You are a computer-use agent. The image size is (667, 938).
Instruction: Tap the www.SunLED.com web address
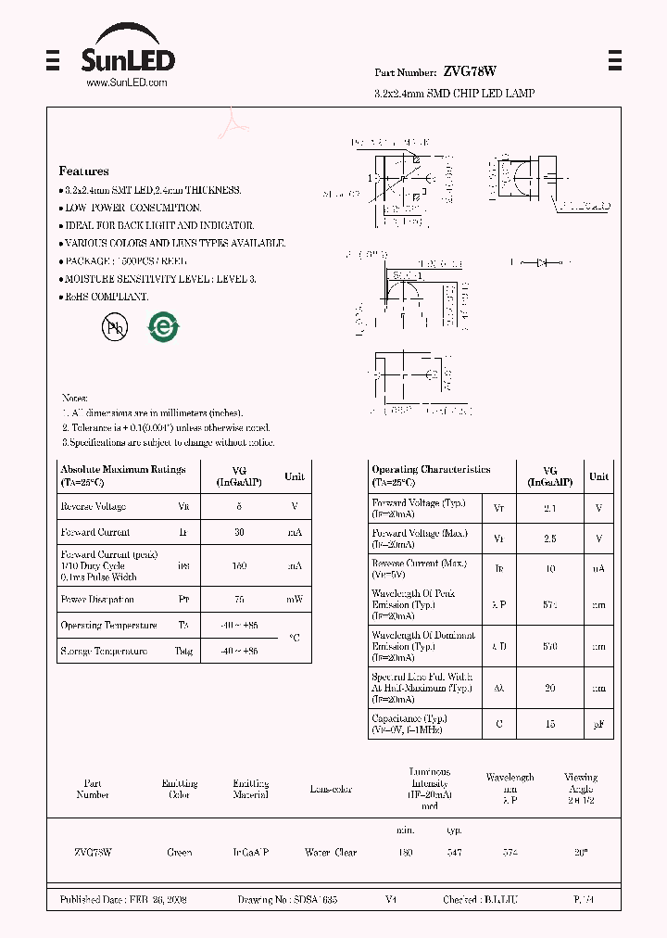[127, 82]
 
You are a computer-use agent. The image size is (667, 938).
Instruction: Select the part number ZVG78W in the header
[470, 71]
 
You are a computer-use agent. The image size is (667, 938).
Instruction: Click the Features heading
[83, 171]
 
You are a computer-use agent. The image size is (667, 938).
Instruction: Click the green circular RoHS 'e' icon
[164, 326]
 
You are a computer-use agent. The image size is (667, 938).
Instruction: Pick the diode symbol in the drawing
[542, 262]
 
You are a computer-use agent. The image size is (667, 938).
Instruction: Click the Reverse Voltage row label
[93, 507]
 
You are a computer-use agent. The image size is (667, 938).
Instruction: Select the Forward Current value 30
[239, 533]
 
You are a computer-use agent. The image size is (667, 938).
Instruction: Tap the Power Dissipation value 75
[239, 600]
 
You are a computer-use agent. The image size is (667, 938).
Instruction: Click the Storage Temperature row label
[103, 652]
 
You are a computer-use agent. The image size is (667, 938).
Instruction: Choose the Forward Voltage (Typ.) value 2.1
[549, 508]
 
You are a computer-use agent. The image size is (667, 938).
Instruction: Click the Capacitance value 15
[549, 724]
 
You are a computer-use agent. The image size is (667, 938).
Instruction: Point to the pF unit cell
[599, 724]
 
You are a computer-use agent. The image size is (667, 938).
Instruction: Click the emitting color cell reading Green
[179, 852]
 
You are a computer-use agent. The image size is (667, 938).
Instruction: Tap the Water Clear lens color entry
[331, 852]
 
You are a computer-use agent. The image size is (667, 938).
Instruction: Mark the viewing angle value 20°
[581, 852]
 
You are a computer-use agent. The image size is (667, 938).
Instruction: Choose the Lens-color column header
[331, 790]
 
